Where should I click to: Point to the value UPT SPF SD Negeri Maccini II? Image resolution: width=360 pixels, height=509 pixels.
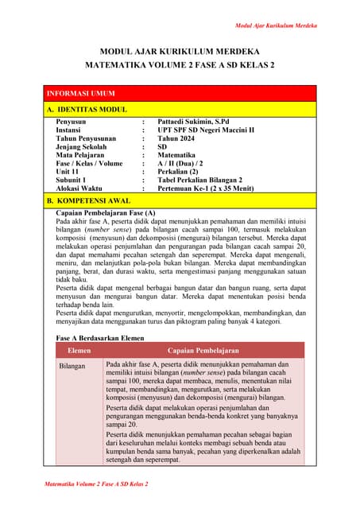coord(205,130)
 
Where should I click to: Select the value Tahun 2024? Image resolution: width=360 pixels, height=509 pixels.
coord(178,138)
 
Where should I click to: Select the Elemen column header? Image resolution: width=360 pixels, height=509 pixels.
coord(79,350)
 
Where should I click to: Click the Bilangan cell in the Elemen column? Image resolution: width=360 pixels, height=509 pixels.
coord(75,367)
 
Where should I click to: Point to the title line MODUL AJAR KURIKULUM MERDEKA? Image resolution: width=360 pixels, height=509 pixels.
coord(179,52)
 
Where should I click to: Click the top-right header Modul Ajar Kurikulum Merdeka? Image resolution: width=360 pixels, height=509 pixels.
coord(276,25)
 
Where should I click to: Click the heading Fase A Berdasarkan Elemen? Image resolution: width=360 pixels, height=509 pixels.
coord(100,337)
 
